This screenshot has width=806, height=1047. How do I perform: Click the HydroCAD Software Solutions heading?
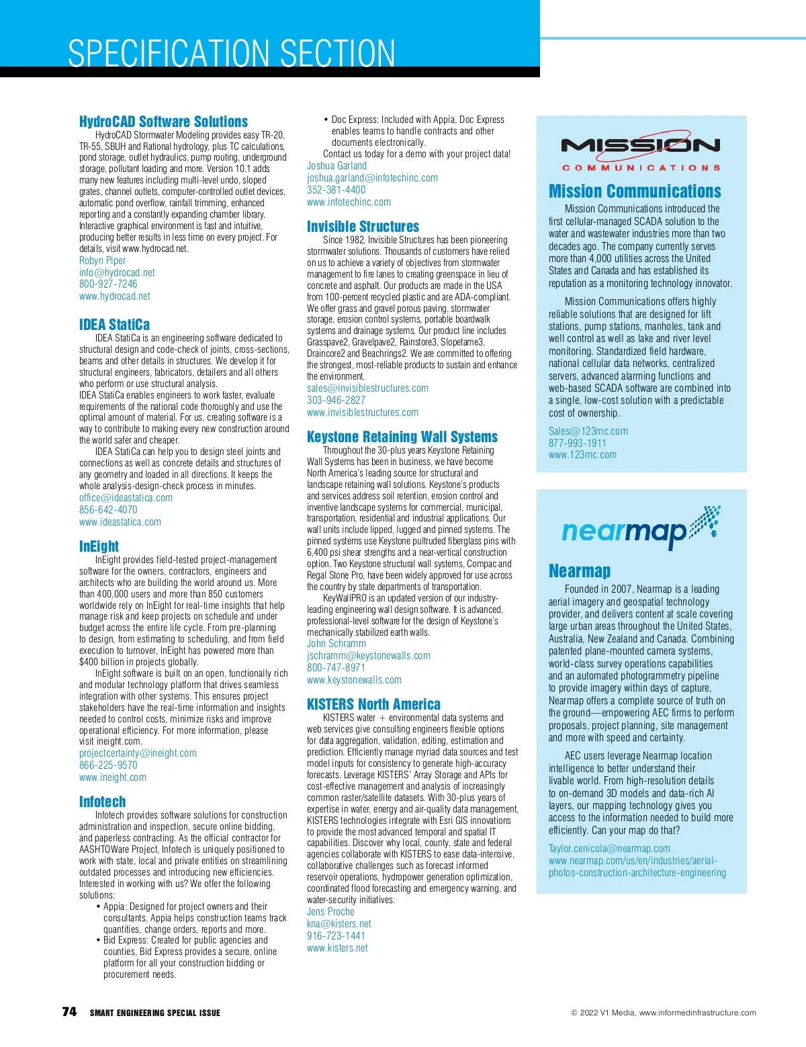(x=163, y=122)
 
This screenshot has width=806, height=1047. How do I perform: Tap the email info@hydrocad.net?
(x=117, y=272)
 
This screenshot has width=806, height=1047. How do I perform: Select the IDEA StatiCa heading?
(x=114, y=325)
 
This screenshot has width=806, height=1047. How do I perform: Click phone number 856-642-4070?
(x=108, y=510)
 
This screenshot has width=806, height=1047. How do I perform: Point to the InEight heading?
(x=99, y=546)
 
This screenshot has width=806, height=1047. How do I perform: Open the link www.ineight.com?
(x=113, y=778)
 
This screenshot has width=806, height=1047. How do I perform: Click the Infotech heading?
(x=102, y=802)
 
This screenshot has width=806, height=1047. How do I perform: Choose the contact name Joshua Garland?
(x=337, y=166)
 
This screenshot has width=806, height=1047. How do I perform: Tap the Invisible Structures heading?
(x=363, y=226)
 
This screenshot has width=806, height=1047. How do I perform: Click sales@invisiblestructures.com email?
(x=367, y=388)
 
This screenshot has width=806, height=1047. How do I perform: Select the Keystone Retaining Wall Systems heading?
(x=402, y=437)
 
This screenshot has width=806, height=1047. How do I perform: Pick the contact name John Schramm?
(x=337, y=644)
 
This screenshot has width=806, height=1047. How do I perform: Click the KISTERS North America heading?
(x=373, y=704)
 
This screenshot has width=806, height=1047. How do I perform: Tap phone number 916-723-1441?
(x=336, y=936)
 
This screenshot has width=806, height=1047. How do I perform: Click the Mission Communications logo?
(x=641, y=152)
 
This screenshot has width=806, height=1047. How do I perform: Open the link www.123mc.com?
(x=582, y=455)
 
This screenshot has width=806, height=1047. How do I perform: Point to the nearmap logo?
(x=641, y=528)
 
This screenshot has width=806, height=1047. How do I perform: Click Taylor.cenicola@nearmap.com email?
(x=609, y=849)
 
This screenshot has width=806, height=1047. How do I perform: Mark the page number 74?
(x=69, y=1012)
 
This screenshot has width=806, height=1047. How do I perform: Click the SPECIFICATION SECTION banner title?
(x=232, y=53)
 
